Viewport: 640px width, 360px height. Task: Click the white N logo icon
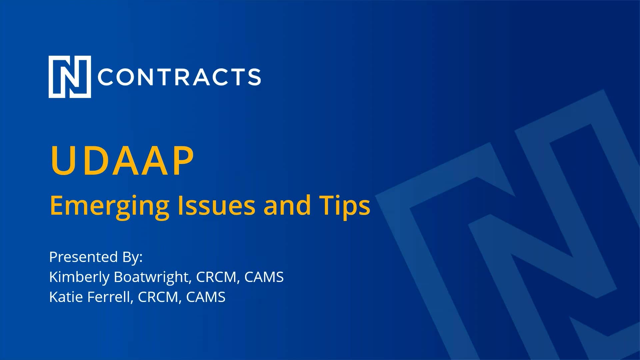point(70,77)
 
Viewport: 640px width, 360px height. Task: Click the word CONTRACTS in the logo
point(179,77)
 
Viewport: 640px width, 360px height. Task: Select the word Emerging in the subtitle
point(110,206)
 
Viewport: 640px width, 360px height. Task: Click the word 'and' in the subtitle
point(287,205)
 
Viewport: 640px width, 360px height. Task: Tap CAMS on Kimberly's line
point(264,277)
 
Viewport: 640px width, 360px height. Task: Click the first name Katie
point(66,297)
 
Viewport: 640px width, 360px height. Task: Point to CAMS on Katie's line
point(205,297)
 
